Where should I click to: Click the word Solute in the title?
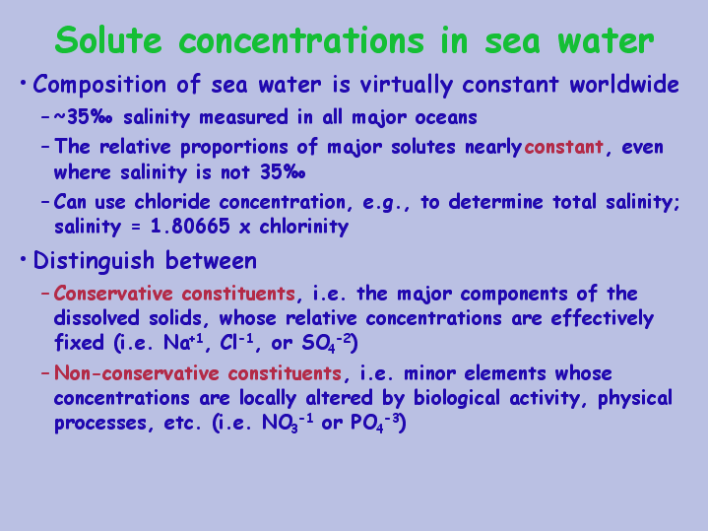pos(108,39)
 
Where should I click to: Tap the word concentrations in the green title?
pos(301,39)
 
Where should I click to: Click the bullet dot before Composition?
pos(23,83)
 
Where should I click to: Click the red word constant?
pos(563,147)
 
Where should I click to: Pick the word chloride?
pos(172,202)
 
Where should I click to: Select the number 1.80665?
pos(190,226)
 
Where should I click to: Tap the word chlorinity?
pos(303,227)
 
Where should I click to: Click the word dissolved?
pos(97,317)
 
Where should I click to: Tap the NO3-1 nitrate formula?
pos(288,424)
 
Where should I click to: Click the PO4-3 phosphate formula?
pos(375,424)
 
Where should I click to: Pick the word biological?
pos(457,399)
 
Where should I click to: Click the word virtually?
pos(406,85)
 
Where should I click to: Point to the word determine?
pos(495,202)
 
